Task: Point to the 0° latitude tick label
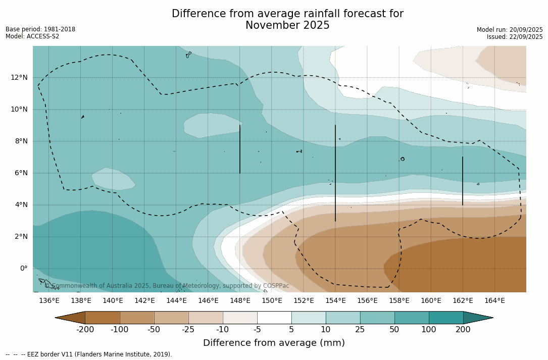(x=23, y=268)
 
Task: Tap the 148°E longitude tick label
(x=240, y=301)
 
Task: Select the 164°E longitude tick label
(x=494, y=301)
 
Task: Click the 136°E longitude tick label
(x=49, y=301)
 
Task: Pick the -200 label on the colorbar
(x=85, y=330)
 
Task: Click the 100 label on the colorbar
(x=429, y=330)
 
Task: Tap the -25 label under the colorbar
(x=188, y=330)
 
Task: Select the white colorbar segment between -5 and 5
(x=274, y=318)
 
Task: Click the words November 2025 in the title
(x=287, y=25)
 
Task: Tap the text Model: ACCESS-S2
(x=32, y=36)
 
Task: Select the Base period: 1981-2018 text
(x=40, y=29)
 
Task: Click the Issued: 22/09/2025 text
(x=515, y=37)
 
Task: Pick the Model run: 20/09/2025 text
(x=510, y=30)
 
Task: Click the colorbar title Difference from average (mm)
(x=274, y=343)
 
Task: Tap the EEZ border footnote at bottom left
(x=89, y=354)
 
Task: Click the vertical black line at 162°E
(x=462, y=181)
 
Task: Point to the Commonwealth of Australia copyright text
(x=167, y=286)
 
